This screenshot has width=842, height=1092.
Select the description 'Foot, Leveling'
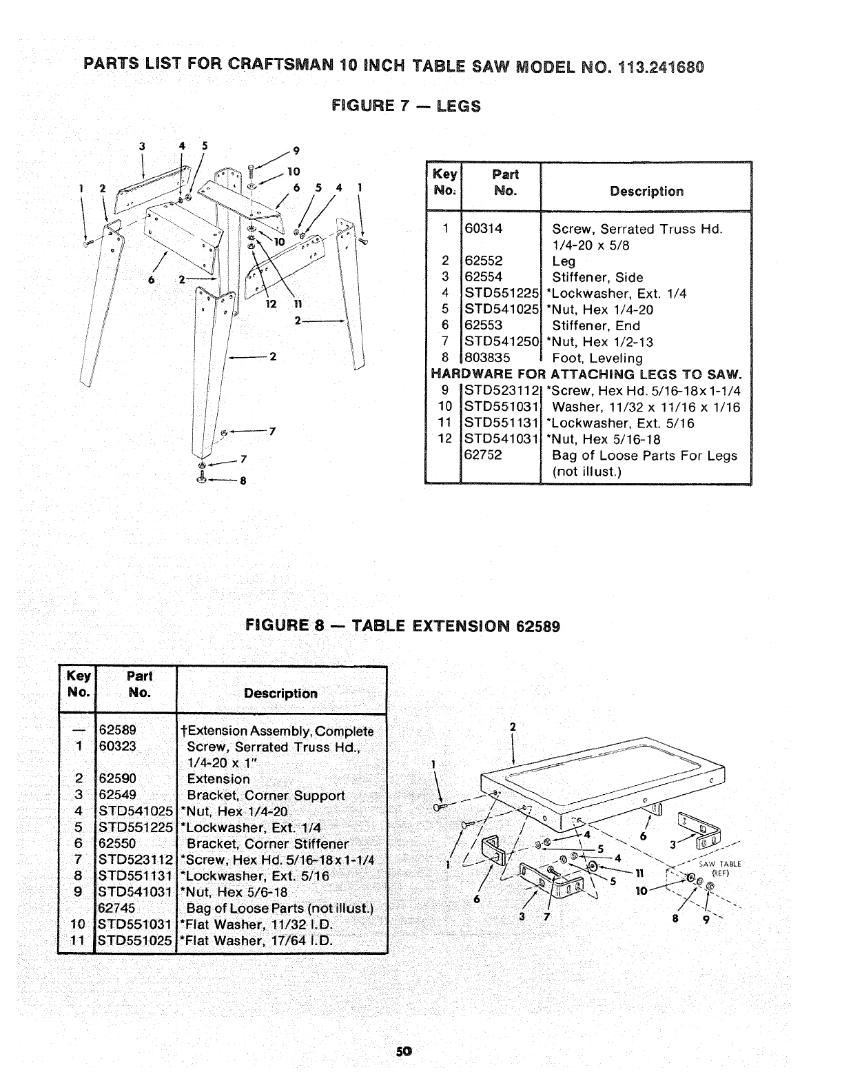click(x=597, y=358)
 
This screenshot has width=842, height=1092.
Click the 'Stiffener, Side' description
click(x=597, y=277)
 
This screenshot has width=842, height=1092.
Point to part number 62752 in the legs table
click(x=484, y=455)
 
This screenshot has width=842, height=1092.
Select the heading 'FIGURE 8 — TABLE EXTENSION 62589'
click(x=403, y=627)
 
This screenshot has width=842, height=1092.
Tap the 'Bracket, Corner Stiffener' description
click(x=268, y=843)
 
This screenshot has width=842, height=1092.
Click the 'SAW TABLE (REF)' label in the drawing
click(x=718, y=867)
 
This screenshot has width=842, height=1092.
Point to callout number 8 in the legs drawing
click(x=242, y=481)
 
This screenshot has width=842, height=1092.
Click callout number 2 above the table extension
click(x=512, y=727)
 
